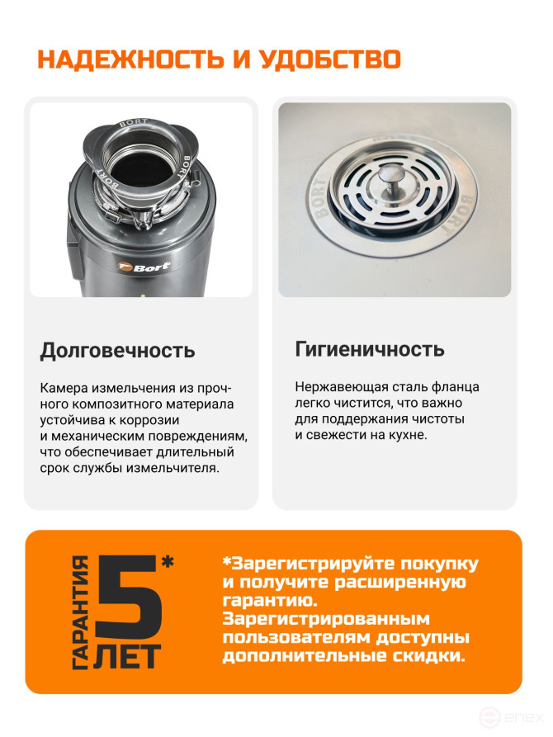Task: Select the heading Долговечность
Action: tap(117, 350)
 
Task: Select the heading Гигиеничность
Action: tap(370, 348)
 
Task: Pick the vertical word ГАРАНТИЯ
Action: tap(81, 612)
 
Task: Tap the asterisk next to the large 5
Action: tap(168, 563)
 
